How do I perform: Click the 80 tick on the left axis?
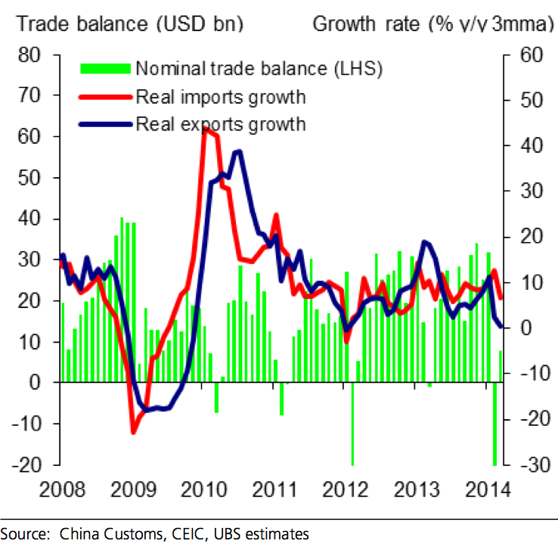click(x=28, y=55)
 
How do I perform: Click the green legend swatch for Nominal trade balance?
click(x=105, y=69)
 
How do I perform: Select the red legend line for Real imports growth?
click(x=105, y=96)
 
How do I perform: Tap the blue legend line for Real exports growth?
click(x=105, y=123)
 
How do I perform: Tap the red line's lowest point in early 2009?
click(x=134, y=432)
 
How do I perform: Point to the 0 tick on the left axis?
click(x=35, y=383)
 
